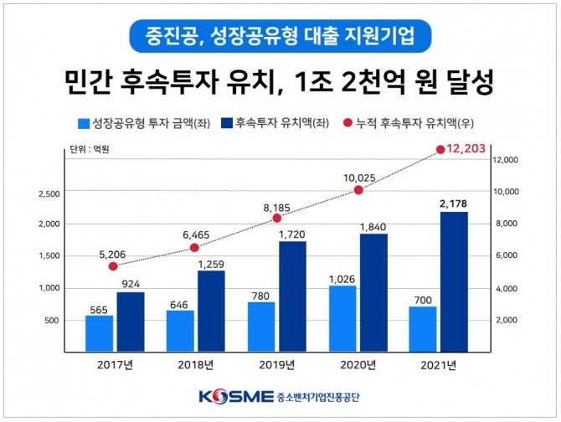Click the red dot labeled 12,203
440,150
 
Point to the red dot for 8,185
276,219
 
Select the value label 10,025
360,178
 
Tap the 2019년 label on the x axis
275,366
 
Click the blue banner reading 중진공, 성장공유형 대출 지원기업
280,37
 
